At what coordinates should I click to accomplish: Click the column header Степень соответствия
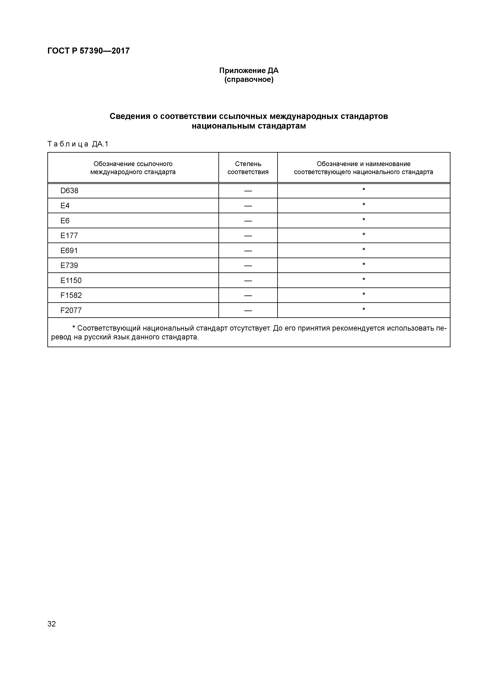pos(248,168)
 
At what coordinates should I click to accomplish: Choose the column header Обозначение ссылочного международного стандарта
pos(133,168)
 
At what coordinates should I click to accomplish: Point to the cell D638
pos(69,191)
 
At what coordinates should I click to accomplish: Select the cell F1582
pos(71,295)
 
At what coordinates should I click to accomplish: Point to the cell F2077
pos(71,310)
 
